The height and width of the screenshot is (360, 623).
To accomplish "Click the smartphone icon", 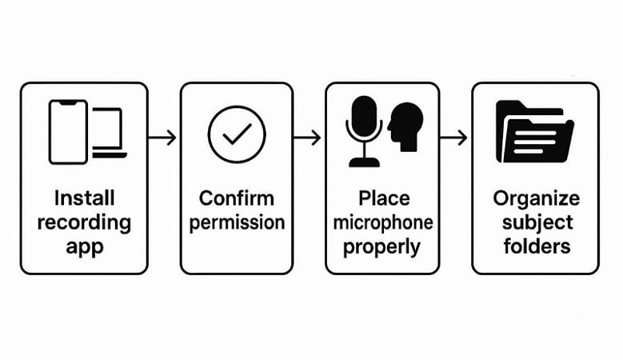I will click(x=68, y=132).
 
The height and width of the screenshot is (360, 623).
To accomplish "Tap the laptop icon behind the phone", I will click(x=110, y=133).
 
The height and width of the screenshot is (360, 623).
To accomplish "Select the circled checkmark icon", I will click(x=237, y=134).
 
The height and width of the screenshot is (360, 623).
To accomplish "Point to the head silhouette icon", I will click(x=405, y=126).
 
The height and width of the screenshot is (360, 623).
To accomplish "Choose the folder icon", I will click(x=533, y=131).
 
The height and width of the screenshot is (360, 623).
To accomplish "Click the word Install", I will click(x=84, y=198).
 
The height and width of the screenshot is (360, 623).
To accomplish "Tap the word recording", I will click(x=84, y=222).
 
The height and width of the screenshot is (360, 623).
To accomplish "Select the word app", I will click(x=84, y=246).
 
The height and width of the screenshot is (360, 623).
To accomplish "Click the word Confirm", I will click(x=237, y=198).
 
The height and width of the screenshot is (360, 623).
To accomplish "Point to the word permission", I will click(x=237, y=222).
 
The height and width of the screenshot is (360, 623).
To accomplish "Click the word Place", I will click(x=381, y=198).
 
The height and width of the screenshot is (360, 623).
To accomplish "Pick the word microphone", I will click(x=381, y=222).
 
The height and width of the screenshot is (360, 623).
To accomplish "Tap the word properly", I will click(x=381, y=246).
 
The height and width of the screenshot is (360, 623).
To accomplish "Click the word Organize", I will click(x=535, y=198).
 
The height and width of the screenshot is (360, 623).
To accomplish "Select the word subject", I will click(x=535, y=222).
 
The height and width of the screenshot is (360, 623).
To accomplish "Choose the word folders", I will click(x=535, y=246).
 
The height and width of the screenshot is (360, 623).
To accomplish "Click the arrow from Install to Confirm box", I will click(x=163, y=137).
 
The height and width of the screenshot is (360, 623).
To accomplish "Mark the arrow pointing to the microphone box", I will click(x=308, y=137).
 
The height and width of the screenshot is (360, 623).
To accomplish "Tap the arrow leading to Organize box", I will click(x=454, y=137).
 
